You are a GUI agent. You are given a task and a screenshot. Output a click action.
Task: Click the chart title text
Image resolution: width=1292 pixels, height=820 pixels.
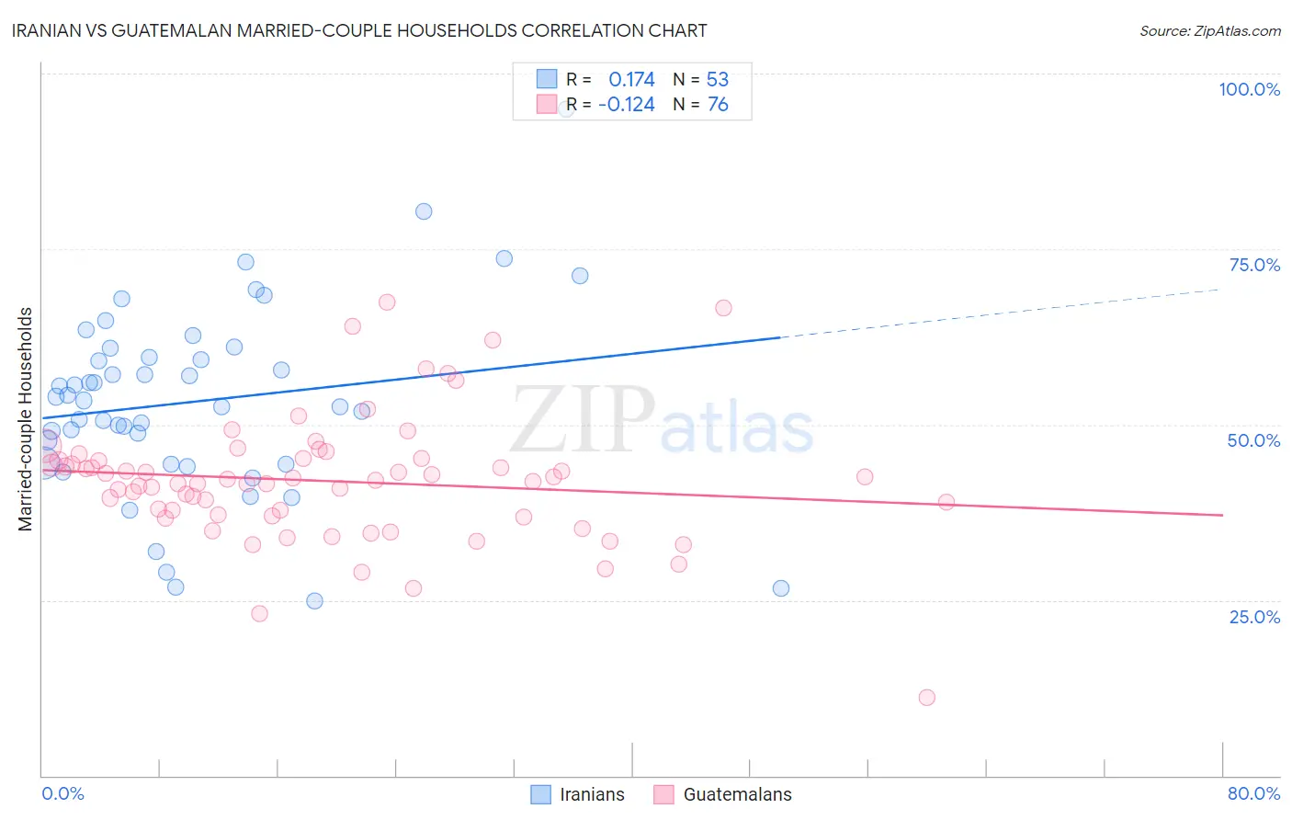pyautogui.click(x=359, y=30)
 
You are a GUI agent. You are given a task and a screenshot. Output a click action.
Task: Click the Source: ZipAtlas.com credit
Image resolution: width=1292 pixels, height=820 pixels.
pyautogui.click(x=1209, y=31)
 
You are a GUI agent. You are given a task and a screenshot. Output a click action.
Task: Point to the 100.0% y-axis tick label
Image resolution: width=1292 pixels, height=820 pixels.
pyautogui.click(x=1249, y=89)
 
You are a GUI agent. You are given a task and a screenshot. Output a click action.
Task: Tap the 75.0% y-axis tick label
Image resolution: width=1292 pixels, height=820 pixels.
pyautogui.click(x=1254, y=265)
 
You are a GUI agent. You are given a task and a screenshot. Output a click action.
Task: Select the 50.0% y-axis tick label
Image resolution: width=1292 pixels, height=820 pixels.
pyautogui.click(x=1253, y=440)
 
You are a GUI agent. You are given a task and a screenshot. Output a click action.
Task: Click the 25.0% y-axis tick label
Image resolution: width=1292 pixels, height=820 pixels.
pyautogui.click(x=1254, y=617)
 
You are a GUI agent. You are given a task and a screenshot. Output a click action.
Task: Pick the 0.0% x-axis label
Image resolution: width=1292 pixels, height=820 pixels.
pyautogui.click(x=62, y=793)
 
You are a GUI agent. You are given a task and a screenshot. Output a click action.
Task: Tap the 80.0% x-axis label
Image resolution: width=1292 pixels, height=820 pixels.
pyautogui.click(x=1253, y=793)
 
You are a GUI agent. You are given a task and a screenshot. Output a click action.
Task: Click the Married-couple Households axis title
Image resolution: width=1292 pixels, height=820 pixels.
pyautogui.click(x=26, y=419)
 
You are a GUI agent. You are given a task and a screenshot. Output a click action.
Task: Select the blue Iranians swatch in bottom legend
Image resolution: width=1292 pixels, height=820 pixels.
pyautogui.click(x=541, y=794)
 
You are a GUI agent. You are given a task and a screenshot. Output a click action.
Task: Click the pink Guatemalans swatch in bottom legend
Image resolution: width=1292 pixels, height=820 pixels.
pyautogui.click(x=663, y=794)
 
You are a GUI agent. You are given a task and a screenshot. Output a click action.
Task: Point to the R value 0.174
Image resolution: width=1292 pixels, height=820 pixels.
pyautogui.click(x=631, y=79)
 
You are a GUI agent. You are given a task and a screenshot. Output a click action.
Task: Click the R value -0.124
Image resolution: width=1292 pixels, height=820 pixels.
pyautogui.click(x=626, y=105)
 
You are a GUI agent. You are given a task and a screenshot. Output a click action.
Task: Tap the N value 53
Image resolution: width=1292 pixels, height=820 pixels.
pyautogui.click(x=717, y=79)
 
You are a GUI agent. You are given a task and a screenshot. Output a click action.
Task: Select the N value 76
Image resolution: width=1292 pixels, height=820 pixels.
pyautogui.click(x=717, y=105)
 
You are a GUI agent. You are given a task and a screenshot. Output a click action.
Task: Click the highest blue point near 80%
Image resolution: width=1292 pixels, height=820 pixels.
pyautogui.click(x=424, y=211)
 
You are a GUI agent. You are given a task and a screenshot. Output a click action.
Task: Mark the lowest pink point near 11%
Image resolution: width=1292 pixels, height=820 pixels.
pyautogui.click(x=926, y=698)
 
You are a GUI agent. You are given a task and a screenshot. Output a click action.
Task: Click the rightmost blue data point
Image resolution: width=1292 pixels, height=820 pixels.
pyautogui.click(x=781, y=588)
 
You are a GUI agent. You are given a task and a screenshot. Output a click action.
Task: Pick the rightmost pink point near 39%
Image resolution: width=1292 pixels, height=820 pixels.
pyautogui.click(x=946, y=502)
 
